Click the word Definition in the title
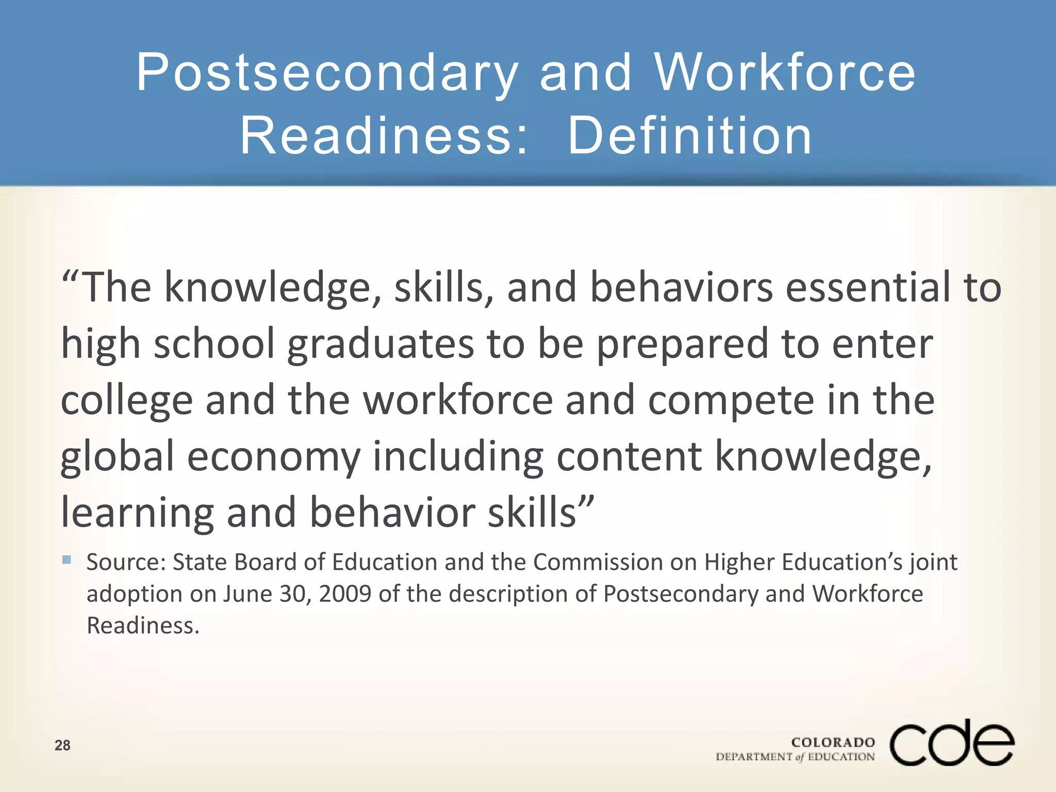pos(690,135)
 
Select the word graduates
pos(381,344)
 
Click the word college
pos(126,401)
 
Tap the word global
pos(118,457)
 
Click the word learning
pos(137,514)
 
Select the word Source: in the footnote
pos(126,562)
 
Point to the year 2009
pos(345,593)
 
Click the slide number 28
pos(62,745)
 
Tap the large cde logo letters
pos(952,743)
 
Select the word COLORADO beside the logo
pos(833,742)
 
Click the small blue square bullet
pos(67,559)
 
